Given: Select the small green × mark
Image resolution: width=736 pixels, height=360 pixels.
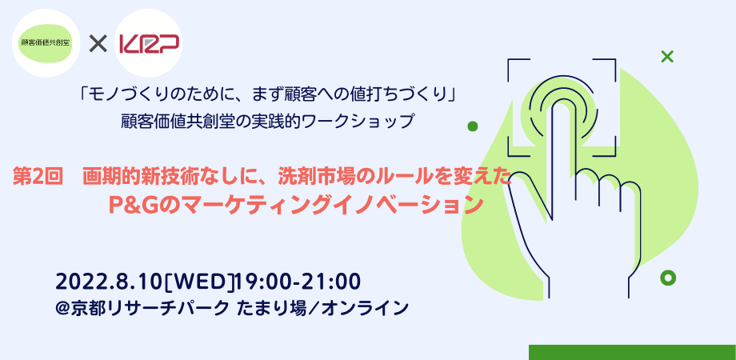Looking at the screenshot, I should click(666, 56).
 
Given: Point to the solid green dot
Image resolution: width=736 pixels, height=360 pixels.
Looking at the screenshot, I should click(473, 126).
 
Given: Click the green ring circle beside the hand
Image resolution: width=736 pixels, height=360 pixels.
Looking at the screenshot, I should click(668, 278).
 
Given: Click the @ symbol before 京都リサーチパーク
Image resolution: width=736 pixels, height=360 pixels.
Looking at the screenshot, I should click(63, 306).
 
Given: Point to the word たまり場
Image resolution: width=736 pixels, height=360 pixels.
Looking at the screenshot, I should click(268, 306).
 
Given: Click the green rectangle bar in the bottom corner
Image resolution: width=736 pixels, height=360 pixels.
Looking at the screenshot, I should click(632, 352).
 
